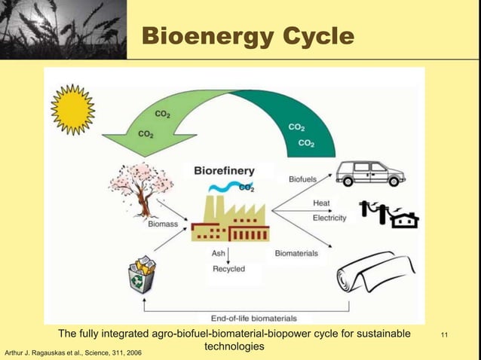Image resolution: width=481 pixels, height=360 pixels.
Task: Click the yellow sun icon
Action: (x=72, y=110)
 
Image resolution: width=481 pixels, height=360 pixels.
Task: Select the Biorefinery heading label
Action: (x=224, y=171)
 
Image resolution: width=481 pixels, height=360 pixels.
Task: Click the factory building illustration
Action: (x=229, y=219)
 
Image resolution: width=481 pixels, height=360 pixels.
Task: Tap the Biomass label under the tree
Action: (x=164, y=224)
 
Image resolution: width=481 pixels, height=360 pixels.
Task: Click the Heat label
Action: (x=321, y=203)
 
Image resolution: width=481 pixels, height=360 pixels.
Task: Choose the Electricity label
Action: (x=329, y=218)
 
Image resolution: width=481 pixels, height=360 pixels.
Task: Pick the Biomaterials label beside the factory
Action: (x=296, y=254)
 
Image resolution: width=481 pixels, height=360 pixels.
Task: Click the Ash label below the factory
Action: (x=218, y=254)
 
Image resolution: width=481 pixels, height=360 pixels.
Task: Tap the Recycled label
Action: (x=228, y=269)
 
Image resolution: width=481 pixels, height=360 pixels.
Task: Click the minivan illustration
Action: (x=369, y=174)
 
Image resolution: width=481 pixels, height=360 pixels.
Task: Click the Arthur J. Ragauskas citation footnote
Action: (x=73, y=352)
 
